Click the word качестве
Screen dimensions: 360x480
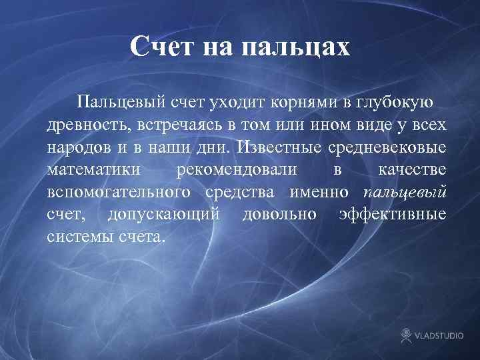[412, 170]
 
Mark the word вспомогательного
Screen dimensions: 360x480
[118, 193]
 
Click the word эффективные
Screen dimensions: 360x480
[392, 215]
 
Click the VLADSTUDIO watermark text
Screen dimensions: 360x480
[441, 335]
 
